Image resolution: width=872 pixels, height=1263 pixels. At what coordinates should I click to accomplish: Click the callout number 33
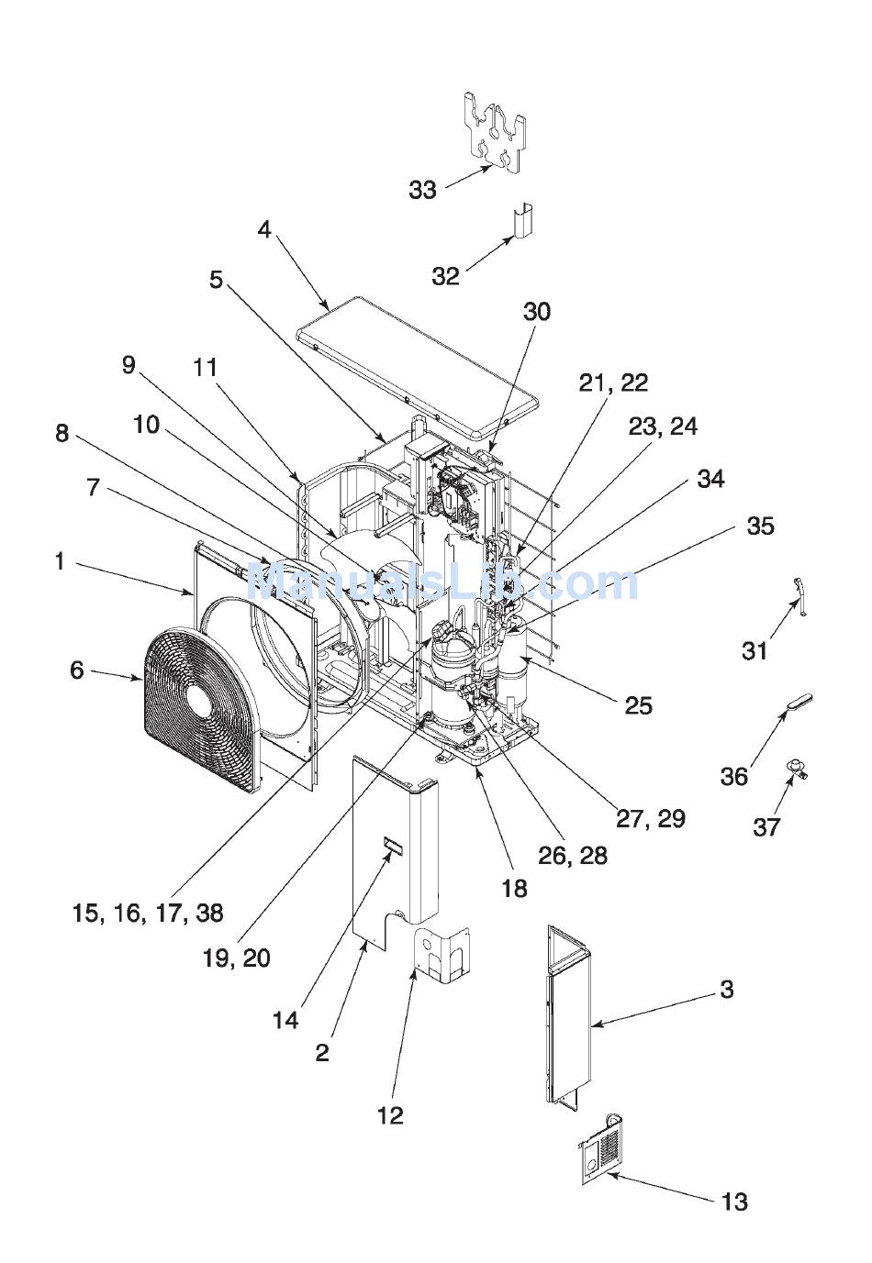coord(422,190)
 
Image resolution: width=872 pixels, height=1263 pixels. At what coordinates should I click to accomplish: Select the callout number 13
coord(734,1202)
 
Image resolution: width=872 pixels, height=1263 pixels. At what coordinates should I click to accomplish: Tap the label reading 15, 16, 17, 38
coord(148,913)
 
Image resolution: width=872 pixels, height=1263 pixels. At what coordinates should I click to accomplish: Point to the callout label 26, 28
coord(572,856)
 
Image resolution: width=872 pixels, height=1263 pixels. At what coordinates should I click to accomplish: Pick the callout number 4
coord(264,229)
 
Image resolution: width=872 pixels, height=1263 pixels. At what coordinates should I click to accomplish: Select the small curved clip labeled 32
coord(524,222)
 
